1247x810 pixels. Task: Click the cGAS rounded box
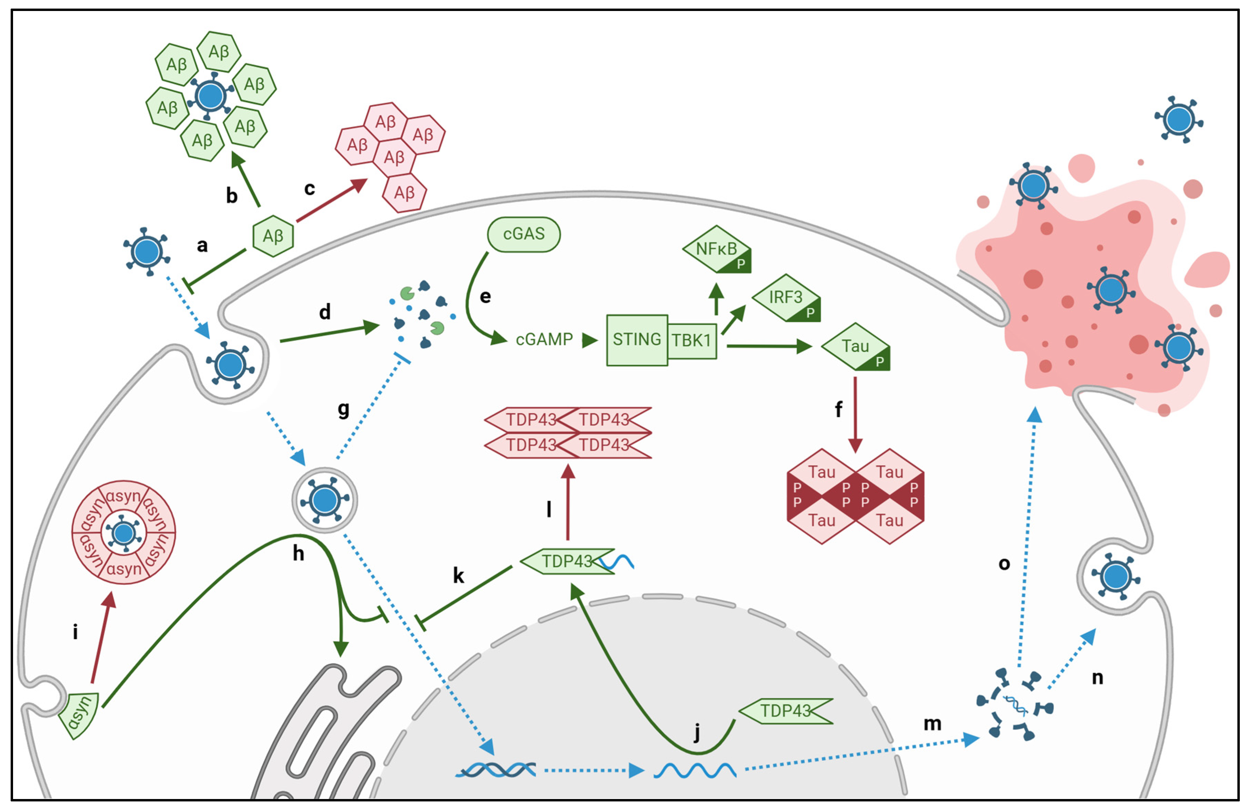tap(524, 234)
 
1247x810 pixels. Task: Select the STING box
tap(637, 340)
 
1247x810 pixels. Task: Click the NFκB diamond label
tap(716, 249)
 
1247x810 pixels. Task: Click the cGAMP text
tap(544, 340)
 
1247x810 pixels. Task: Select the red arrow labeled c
tap(332, 200)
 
